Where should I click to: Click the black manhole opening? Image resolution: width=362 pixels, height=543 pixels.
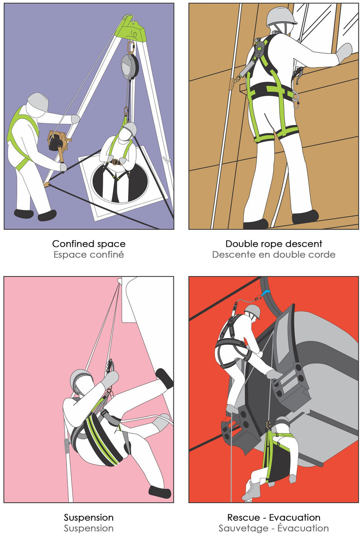120,182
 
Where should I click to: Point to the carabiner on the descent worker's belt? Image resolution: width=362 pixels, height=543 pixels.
296,100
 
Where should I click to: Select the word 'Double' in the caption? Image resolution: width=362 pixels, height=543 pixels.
239,243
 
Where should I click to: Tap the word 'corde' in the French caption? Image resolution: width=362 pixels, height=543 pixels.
322,254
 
